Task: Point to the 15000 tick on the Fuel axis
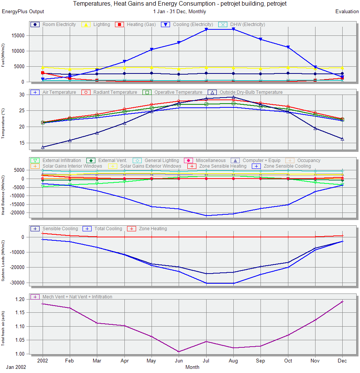point(17,36)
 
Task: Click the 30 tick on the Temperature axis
point(22,95)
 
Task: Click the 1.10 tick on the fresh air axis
point(20,327)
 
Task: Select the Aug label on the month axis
point(233,361)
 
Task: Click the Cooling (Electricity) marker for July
point(206,29)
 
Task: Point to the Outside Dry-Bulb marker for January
point(43,147)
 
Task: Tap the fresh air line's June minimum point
point(179,352)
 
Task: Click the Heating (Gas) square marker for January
point(43,73)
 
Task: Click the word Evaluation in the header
point(347,12)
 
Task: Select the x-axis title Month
point(192,367)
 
